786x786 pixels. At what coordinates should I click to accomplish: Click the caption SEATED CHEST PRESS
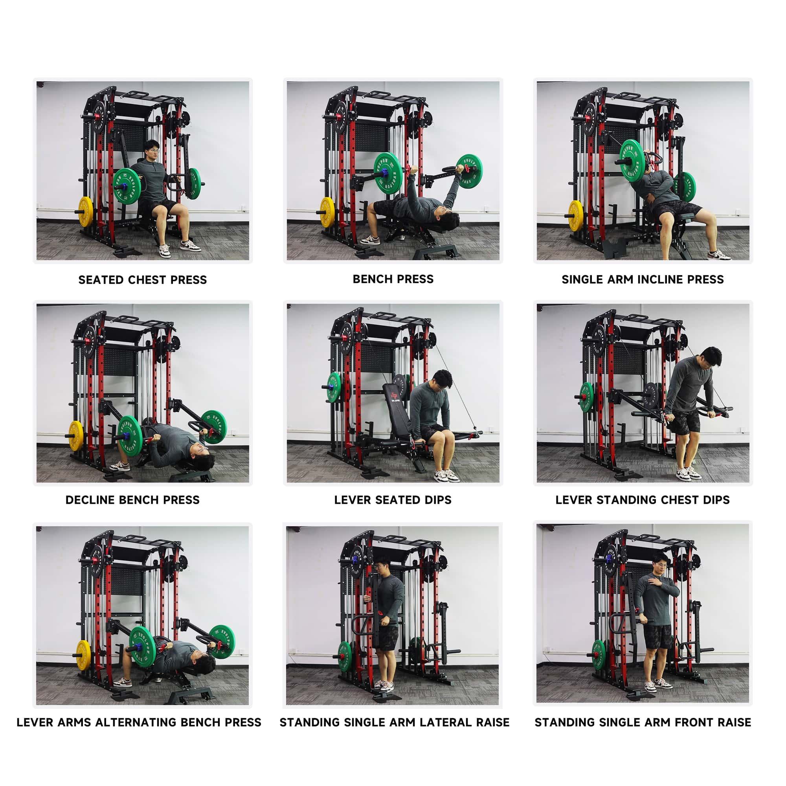142,280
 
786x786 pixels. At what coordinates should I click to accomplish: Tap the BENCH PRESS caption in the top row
393,279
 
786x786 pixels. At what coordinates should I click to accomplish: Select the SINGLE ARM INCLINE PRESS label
643,279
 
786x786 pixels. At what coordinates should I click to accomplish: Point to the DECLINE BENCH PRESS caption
132,500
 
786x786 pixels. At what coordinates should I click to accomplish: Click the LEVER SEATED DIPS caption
393,500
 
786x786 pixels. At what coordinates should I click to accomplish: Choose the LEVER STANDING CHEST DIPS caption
643,500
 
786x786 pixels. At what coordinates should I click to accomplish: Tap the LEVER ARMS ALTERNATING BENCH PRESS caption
139,723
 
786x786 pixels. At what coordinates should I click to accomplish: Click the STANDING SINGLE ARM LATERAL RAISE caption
395,723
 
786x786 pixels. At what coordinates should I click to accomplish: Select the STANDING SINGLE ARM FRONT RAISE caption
643,723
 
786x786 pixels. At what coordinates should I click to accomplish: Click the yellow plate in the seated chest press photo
85,211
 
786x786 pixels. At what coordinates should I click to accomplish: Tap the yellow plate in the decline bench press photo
76,436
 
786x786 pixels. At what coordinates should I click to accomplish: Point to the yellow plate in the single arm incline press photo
576,216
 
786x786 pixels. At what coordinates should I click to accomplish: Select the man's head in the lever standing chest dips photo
712,358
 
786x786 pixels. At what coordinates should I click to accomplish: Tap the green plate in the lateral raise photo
345,656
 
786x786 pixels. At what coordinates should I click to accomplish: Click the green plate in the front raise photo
599,655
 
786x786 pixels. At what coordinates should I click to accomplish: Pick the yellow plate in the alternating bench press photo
83,656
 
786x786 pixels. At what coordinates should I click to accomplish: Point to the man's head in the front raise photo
660,565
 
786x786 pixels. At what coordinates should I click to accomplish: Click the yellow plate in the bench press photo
327,212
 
